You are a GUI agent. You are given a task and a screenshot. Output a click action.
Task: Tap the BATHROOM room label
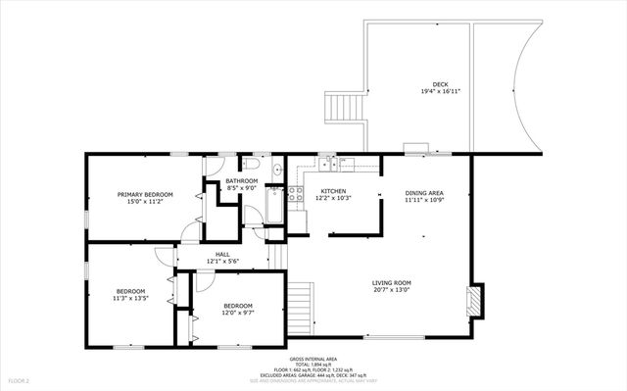(x=241, y=180)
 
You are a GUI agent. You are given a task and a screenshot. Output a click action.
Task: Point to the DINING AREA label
(x=424, y=193)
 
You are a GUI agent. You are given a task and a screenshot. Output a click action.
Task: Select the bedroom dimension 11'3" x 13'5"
(x=131, y=298)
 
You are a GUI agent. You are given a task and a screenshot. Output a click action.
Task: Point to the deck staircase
(x=345, y=106)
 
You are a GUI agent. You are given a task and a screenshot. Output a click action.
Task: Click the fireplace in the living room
(x=475, y=301)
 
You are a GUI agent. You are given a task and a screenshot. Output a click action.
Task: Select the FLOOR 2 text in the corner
(x=20, y=379)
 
